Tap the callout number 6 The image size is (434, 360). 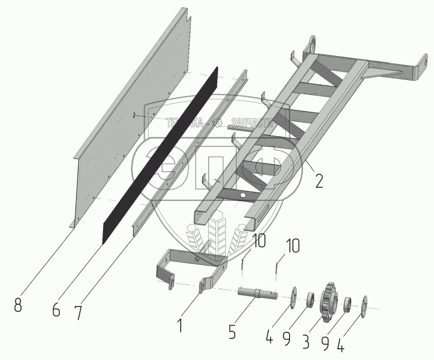pos(56,310)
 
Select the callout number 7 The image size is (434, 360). pos(78,313)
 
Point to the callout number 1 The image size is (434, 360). pos(180,325)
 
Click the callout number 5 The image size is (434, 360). pos(232,332)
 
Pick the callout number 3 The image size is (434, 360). pos(306,342)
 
